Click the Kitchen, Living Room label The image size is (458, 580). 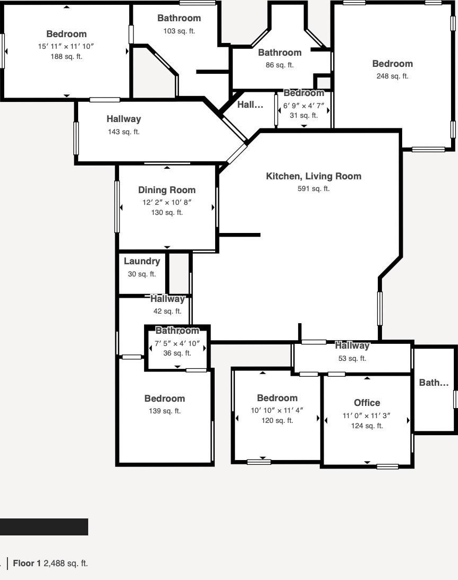coord(313,177)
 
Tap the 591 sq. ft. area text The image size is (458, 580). coord(313,189)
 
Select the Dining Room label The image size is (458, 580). coord(167,190)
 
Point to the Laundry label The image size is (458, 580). coord(142,261)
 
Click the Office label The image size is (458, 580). coord(367,403)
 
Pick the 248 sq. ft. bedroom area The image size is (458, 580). coord(393,76)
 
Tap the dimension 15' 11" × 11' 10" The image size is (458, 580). coord(66,46)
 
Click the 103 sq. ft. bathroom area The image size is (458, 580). coord(179,31)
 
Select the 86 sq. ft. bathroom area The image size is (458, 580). coord(279,65)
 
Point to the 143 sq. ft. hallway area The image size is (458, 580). coord(124,132)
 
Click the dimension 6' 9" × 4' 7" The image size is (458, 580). coord(303,106)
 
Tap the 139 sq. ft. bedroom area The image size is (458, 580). coord(165,411)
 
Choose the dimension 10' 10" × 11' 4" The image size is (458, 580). coord(277,410)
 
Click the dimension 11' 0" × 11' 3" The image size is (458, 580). coord(367,416)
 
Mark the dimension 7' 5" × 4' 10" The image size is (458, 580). coord(177,344)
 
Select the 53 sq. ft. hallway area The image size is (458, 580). coord(352,358)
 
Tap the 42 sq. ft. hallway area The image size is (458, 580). coord(167,311)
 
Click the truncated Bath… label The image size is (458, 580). coord(434,383)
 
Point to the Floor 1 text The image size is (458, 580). coord(27,564)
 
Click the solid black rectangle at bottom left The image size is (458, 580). coord(44,527)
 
